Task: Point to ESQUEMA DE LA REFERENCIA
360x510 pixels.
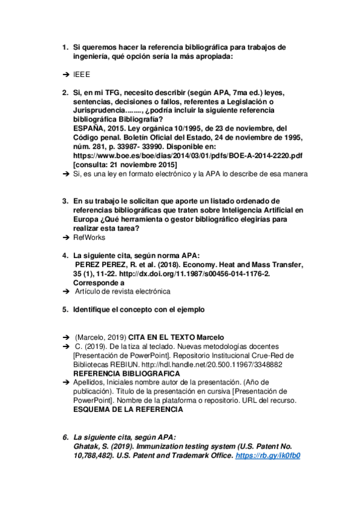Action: [127, 409]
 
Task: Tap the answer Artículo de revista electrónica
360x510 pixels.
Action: [123, 291]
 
